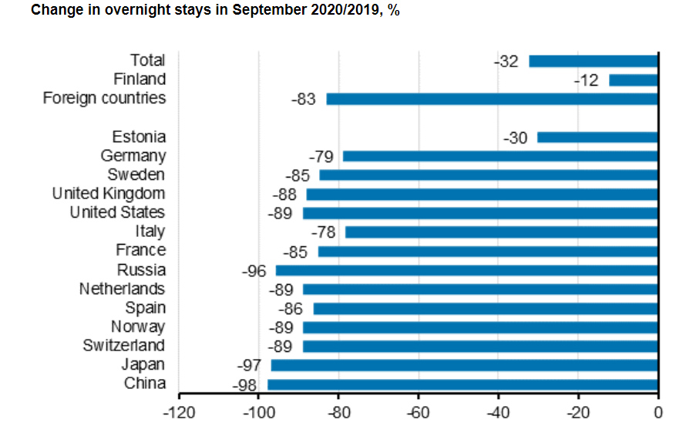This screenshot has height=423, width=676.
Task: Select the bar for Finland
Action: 633,80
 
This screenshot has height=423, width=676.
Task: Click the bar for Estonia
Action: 597,137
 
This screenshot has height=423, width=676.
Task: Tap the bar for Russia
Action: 466,270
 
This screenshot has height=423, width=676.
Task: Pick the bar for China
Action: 462,384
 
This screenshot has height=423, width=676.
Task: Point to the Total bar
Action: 593,61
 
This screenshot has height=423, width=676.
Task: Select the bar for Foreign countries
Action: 492,99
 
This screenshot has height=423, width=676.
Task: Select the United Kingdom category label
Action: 109,194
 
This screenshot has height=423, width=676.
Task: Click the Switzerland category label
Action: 124,346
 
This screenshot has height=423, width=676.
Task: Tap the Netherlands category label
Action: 122,289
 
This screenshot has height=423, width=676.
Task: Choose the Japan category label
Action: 143,365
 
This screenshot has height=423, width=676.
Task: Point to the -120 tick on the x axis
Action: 179,412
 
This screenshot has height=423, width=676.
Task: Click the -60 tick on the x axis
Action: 418,412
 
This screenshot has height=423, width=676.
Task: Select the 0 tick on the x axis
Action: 658,412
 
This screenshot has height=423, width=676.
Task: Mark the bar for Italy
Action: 501,232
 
